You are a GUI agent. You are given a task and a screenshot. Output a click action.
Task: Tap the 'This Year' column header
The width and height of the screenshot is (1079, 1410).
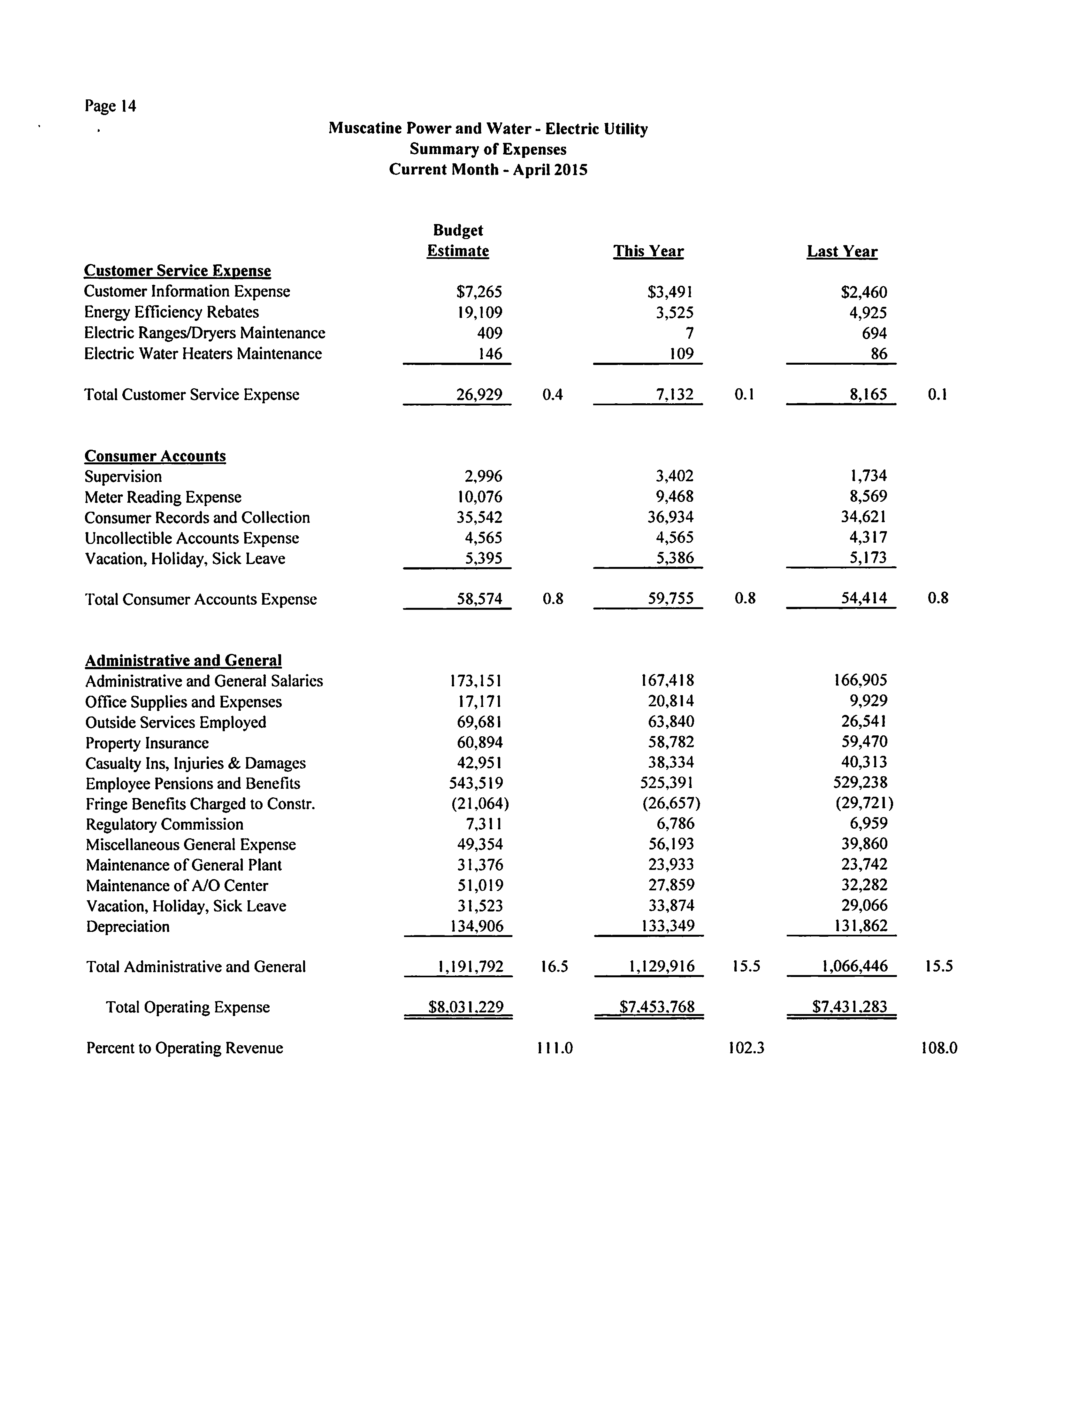648,251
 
